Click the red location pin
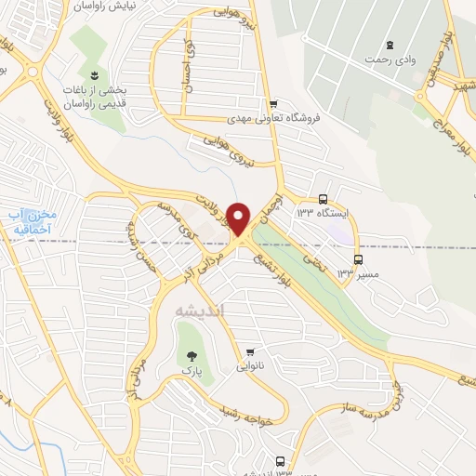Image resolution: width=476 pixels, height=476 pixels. tap(239, 218)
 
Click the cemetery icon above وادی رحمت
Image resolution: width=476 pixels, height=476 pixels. tap(390, 45)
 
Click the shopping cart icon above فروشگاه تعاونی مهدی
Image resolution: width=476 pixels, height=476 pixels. tap(272, 103)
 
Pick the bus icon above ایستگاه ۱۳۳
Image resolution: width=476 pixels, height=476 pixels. tap(323, 198)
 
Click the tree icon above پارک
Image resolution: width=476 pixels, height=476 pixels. tap(192, 356)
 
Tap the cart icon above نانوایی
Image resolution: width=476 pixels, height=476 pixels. tap(249, 352)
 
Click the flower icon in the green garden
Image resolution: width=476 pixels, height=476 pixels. tap(94, 73)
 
